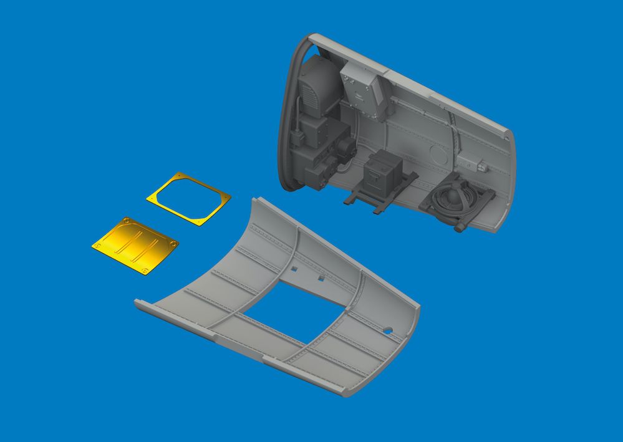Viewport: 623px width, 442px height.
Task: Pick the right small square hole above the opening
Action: click(x=320, y=278)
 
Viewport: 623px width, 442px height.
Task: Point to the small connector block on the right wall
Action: click(x=482, y=167)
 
